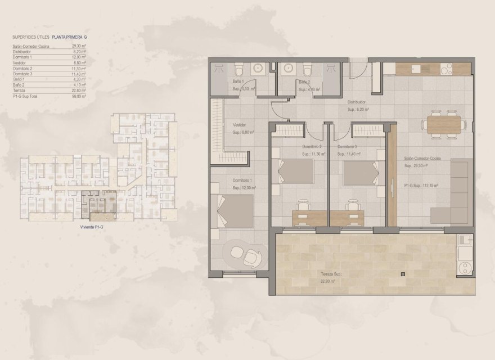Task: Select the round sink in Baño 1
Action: tap(259, 69)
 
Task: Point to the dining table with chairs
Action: tap(444, 124)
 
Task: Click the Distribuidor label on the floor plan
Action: tap(358, 103)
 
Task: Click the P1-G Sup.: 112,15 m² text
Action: tap(421, 184)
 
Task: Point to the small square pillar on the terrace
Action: tap(403, 274)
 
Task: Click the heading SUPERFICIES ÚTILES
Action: tap(30, 37)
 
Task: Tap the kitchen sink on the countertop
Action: tap(416, 70)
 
